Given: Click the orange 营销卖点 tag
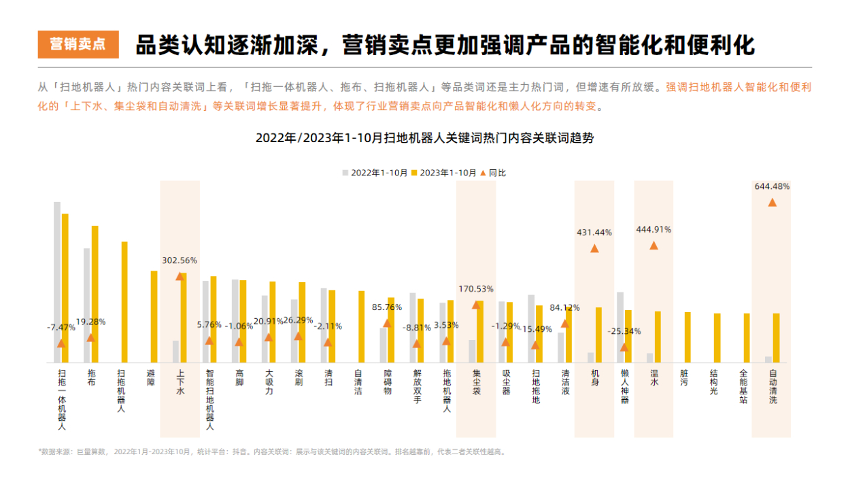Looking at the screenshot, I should coord(78,45).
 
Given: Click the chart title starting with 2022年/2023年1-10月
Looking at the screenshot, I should coord(424,137).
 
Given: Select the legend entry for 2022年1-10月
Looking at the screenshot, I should coord(375,173).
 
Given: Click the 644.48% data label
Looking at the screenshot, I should coord(772,186).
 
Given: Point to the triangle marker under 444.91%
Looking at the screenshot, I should coord(653,245).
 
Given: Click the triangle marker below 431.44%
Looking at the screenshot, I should coord(594,248).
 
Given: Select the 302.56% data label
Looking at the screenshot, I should coord(180,260).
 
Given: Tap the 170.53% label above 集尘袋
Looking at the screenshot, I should coord(476,289).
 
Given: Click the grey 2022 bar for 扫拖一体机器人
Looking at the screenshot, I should coord(57,282).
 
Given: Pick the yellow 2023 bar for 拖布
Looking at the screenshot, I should coord(95,294).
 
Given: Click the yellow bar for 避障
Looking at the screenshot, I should coord(154,316).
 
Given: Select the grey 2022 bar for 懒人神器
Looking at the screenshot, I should coord(620,326).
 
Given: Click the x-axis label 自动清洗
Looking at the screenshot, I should coord(772,386).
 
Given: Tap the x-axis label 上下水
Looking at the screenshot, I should coord(180,382).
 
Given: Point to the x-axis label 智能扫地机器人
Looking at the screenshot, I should coord(209,400).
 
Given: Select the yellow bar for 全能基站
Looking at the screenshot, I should coord(747,337).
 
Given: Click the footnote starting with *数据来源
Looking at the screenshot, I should coord(272,451).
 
